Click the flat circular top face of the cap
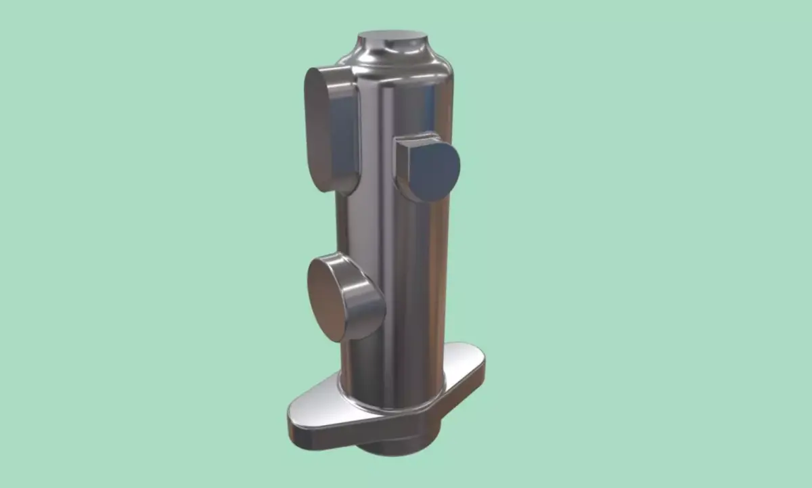(394, 37)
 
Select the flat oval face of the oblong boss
(318, 129)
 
